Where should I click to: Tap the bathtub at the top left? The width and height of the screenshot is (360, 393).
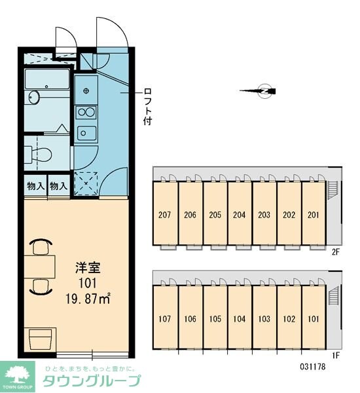(47, 79)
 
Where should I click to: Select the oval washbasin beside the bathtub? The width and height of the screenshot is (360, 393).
(34, 97)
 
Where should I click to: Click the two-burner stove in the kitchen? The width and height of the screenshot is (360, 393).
(86, 112)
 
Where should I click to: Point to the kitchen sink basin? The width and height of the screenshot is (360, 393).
(86, 133)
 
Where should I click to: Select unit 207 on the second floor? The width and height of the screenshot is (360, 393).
(164, 215)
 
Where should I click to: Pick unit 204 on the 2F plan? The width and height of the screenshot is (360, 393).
(240, 215)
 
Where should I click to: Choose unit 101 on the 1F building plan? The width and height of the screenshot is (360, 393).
(313, 319)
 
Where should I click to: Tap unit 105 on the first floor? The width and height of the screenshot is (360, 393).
(215, 319)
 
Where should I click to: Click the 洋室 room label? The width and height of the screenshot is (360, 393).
(88, 268)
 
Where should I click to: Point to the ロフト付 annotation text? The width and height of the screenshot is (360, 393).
(148, 106)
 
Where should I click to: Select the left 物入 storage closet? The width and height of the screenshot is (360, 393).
(36, 186)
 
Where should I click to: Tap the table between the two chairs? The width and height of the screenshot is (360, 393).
(39, 267)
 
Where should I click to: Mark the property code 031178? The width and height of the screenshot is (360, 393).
(313, 367)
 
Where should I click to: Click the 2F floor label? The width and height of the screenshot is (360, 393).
(335, 252)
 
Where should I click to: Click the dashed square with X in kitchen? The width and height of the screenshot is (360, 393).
(86, 183)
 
